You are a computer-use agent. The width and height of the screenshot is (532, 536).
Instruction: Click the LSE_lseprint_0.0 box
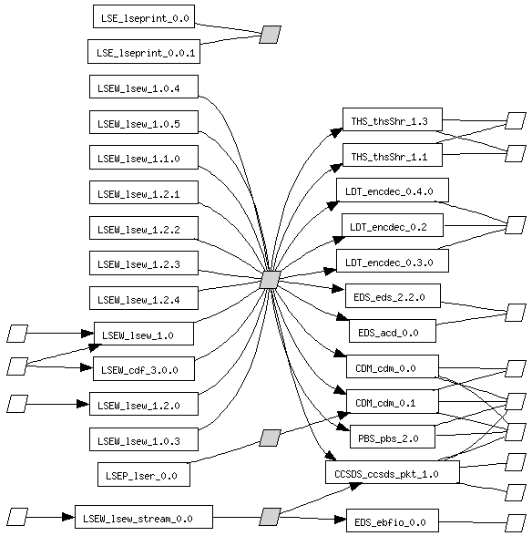[144, 16]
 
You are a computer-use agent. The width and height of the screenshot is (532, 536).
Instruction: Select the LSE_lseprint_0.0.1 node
[144, 52]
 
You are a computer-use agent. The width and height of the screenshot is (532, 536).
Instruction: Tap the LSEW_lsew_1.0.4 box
[144, 87]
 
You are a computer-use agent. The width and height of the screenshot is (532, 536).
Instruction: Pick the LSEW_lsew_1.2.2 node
[144, 228]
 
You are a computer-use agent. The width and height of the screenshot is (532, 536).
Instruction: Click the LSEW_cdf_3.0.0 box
[144, 369]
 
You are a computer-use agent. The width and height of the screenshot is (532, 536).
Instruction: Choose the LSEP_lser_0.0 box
[144, 474]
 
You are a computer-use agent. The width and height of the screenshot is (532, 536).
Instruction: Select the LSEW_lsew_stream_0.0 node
[144, 517]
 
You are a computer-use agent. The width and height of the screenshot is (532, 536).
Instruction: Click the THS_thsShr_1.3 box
[393, 119]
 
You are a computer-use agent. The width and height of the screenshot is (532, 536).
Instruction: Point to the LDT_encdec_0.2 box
[393, 225]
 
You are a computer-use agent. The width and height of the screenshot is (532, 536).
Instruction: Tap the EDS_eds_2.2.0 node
[393, 295]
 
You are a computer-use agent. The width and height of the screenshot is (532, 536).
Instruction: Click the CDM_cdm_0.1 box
[393, 401]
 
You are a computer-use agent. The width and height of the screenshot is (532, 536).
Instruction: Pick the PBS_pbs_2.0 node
[393, 437]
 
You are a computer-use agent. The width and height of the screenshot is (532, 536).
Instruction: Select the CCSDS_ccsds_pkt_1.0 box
[393, 472]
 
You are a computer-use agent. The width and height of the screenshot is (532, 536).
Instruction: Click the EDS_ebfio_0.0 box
[393, 521]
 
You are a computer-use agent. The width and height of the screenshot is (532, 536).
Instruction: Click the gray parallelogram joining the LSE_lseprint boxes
[270, 35]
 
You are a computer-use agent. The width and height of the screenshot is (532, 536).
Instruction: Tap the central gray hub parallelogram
[270, 280]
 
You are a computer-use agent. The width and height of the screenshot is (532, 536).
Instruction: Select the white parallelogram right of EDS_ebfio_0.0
[516, 522]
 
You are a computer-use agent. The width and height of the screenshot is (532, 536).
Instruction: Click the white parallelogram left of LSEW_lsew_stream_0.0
[17, 517]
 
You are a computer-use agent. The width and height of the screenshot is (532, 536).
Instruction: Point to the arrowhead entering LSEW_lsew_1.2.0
[83, 404]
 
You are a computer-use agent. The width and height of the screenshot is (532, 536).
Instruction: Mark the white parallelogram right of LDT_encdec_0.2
[516, 225]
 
